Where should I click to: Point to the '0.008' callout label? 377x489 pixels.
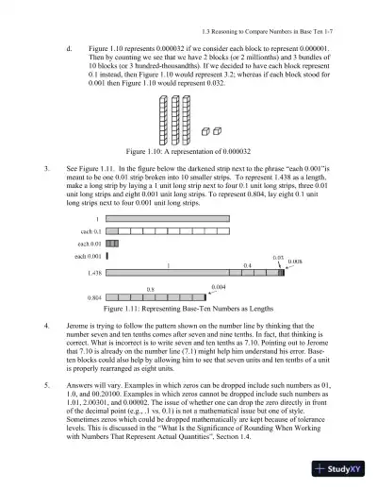click(294, 261)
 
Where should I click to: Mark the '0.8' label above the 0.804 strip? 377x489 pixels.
click(150, 288)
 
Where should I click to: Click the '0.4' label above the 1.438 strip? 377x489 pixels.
click(247, 265)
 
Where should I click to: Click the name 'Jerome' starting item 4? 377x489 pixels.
click(79, 323)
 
